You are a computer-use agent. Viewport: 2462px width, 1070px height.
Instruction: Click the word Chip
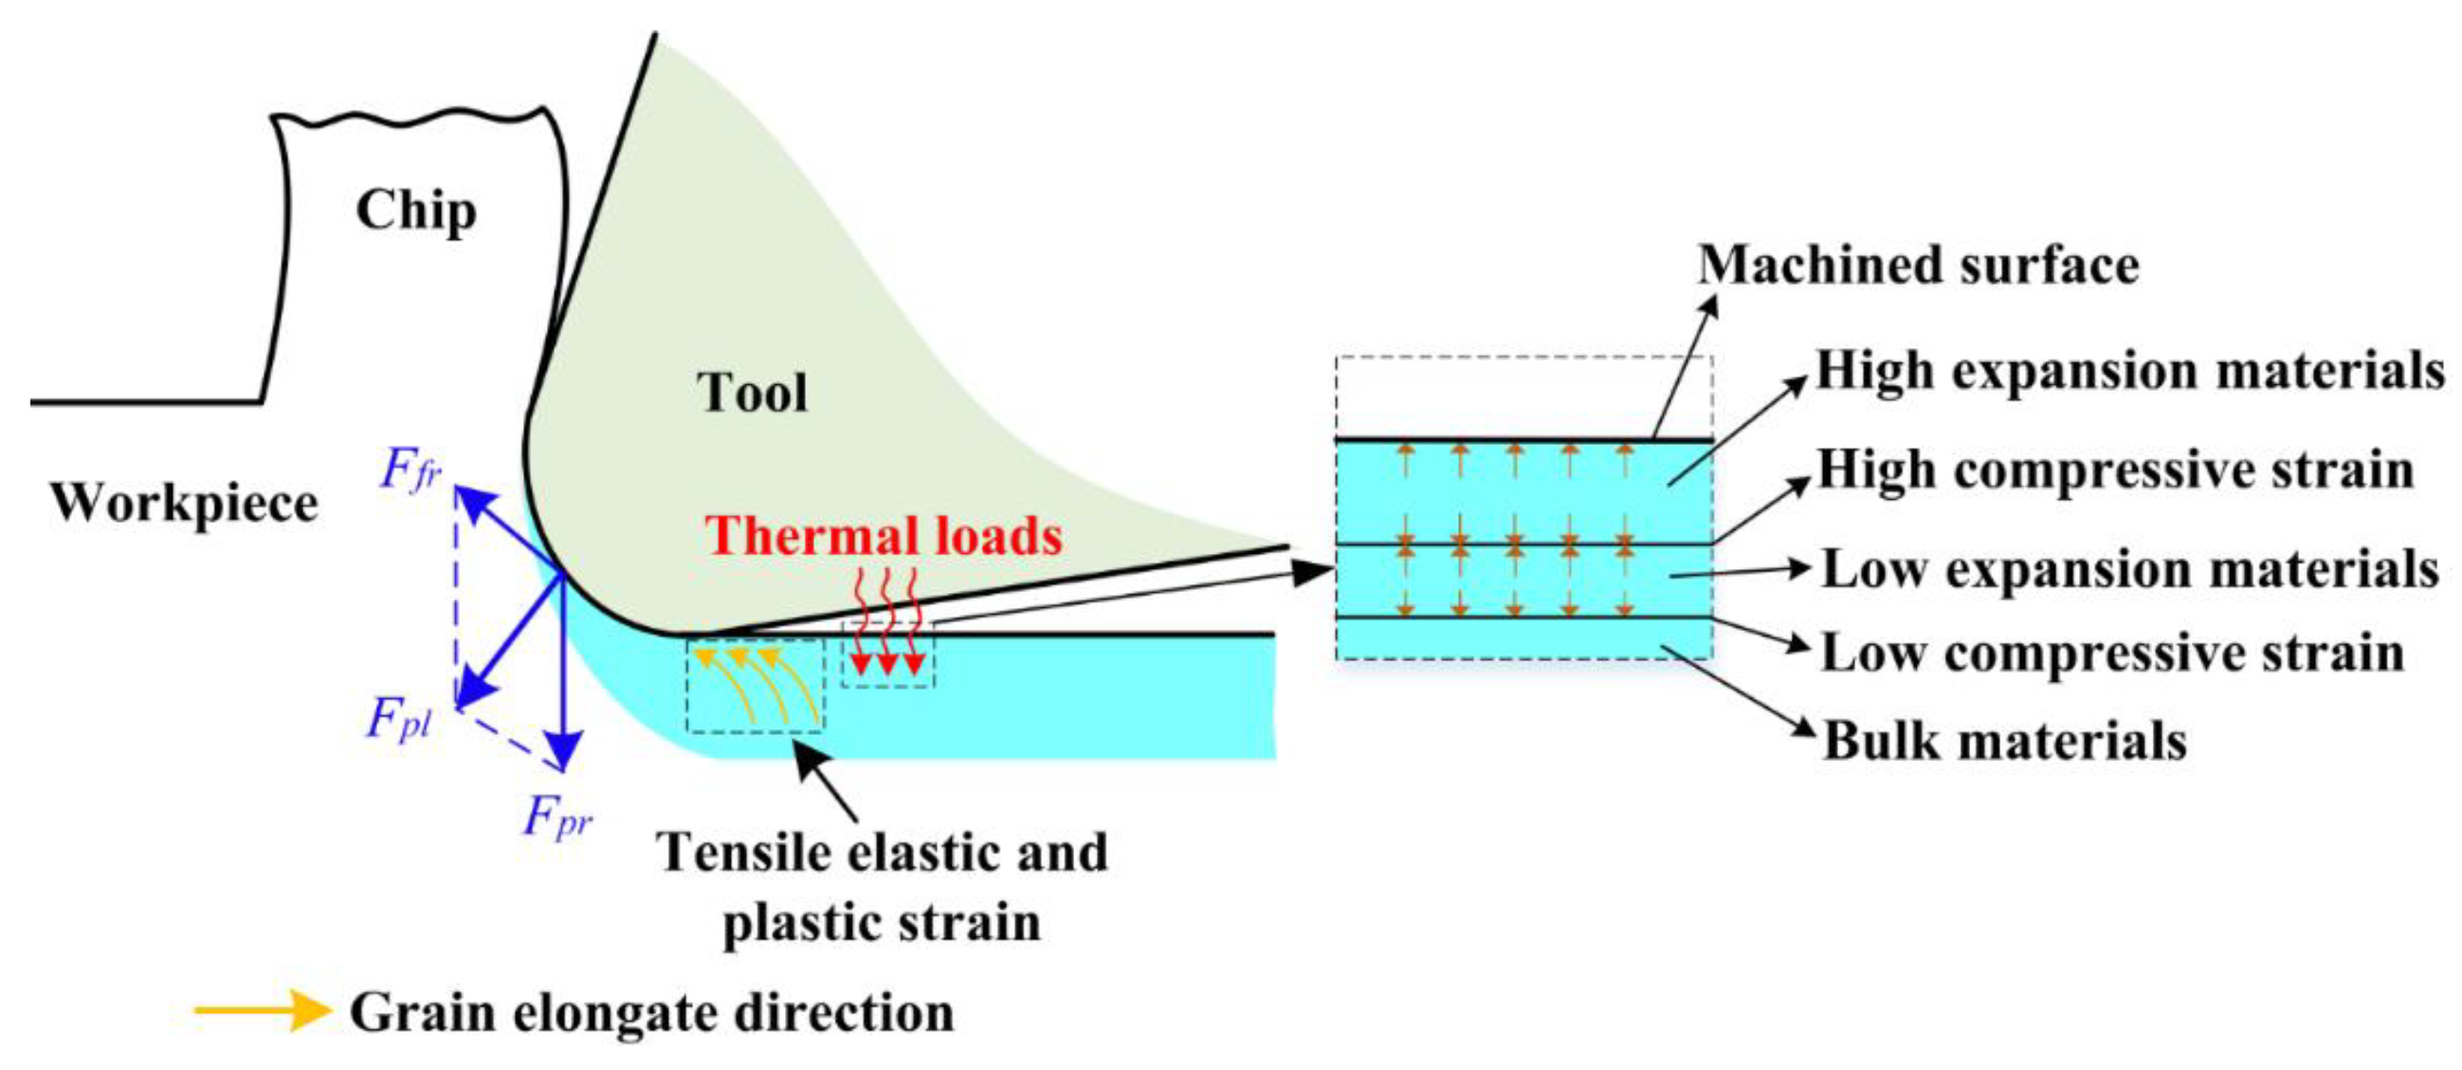[x=416, y=211]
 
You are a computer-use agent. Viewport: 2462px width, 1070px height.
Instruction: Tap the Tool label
[x=752, y=393]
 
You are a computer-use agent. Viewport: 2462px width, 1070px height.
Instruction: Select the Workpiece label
[x=184, y=503]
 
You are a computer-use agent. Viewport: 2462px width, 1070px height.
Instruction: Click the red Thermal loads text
[x=884, y=536]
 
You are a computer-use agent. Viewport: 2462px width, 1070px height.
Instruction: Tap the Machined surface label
[x=1917, y=265]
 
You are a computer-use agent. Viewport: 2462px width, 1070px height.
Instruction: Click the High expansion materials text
[x=2129, y=370]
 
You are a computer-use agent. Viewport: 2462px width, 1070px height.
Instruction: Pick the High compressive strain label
[x=2115, y=470]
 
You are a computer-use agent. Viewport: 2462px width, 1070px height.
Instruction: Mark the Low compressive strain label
[x=2112, y=655]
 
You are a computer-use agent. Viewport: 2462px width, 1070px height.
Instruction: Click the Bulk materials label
[x=2005, y=741]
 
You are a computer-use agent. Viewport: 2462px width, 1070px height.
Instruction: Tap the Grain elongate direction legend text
[x=652, y=1014]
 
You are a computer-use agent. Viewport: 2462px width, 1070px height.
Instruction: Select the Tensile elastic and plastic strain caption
[x=882, y=887]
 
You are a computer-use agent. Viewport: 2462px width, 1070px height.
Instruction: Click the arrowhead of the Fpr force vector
[x=565, y=754]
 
